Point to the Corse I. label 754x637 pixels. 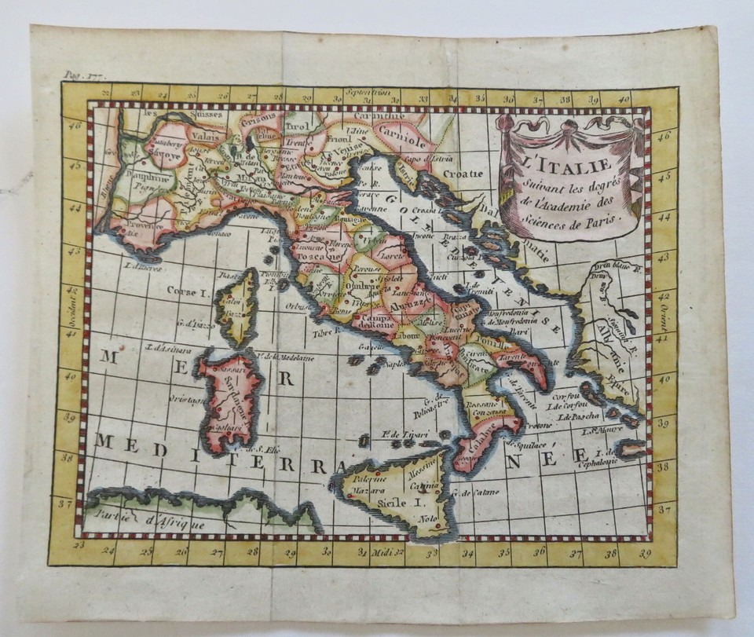pos(185,291)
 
